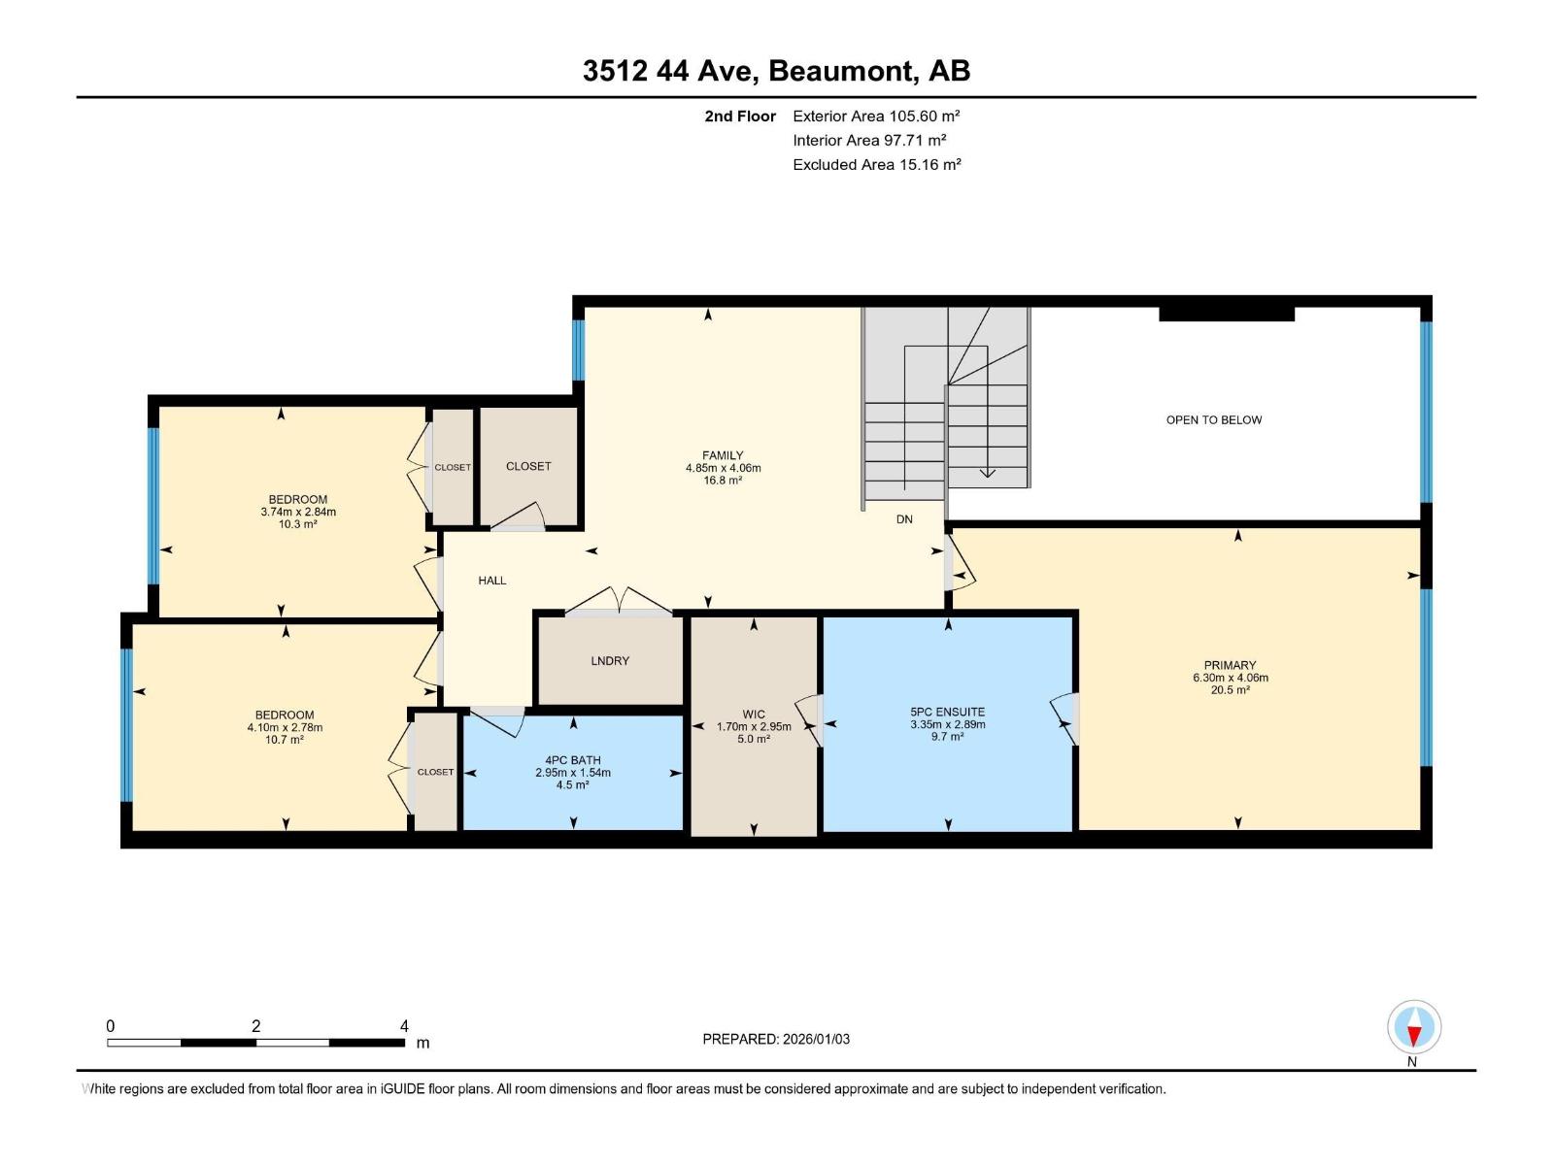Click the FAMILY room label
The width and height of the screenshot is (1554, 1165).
723,455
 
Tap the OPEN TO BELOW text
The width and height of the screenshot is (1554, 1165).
1213,420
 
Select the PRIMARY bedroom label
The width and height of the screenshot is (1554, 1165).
1230,666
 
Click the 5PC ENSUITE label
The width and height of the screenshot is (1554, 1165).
947,712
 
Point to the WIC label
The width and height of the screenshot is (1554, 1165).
754,714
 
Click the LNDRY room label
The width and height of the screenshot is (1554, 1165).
610,661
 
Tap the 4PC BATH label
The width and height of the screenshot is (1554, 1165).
573,760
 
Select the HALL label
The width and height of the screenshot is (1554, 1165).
492,581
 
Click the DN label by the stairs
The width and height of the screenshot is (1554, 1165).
904,519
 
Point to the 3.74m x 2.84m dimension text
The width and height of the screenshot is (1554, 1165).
298,512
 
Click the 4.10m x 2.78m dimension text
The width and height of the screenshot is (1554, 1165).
285,727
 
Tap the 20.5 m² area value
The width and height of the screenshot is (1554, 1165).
1230,690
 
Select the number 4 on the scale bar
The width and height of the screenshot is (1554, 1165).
404,1026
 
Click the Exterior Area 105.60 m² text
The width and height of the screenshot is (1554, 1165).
876,116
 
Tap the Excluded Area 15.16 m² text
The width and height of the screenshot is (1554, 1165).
876,165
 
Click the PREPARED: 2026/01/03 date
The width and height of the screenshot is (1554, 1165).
776,1039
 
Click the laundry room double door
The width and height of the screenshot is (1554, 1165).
619,603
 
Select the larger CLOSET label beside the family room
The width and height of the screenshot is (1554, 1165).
528,467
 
